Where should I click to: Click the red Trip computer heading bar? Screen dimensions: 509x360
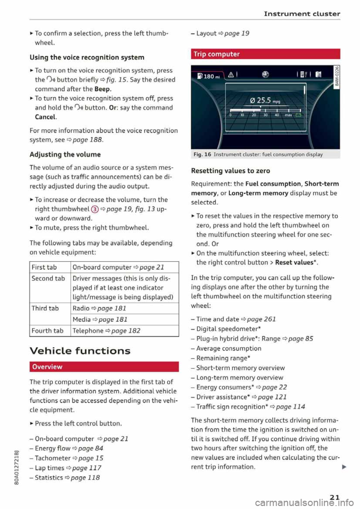coord(265,54)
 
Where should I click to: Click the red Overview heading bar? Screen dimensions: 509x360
coord(104,367)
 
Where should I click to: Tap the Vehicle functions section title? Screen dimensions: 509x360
coord(80,351)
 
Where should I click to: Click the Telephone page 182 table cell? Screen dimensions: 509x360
coord(106,331)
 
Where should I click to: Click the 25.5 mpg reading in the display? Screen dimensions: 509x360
coord(265,100)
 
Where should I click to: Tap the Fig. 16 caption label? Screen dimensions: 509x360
coord(202,154)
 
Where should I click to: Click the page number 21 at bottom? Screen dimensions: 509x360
coord(334,497)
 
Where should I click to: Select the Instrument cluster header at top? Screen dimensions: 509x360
coord(302,14)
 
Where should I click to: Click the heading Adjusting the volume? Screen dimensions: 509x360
coord(65,154)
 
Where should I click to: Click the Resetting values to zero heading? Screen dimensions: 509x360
coord(230,171)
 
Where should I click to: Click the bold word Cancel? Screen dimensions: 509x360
coord(45,117)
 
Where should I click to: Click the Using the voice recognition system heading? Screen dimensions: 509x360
coord(87,57)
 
